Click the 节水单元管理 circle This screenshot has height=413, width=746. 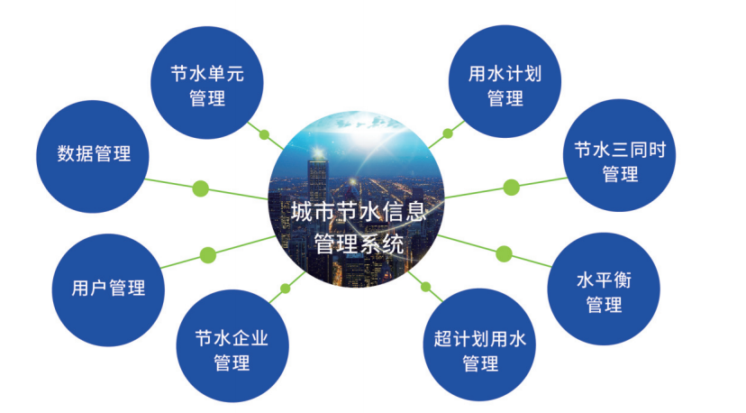point(207,82)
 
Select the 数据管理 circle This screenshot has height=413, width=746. point(93,156)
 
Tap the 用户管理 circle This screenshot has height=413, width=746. point(108,289)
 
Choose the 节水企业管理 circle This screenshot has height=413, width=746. point(232,346)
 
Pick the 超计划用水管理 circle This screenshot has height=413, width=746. point(479,344)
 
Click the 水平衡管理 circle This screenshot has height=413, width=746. point(604,289)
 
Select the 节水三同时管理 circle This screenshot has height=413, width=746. point(620,155)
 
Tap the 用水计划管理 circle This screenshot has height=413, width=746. point(505,81)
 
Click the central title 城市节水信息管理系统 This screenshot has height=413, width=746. point(359,228)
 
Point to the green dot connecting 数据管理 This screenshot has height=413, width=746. point(201,188)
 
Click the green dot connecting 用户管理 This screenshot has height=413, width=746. point(208,255)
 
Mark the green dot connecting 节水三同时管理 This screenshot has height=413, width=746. point(512,188)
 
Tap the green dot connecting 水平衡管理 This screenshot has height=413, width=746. point(504,254)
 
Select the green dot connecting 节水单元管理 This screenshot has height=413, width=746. point(265,134)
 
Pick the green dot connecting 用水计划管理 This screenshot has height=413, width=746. point(448,133)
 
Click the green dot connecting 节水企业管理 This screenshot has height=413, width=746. point(286,289)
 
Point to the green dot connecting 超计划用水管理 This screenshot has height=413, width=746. point(426,287)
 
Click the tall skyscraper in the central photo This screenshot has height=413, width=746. point(318,190)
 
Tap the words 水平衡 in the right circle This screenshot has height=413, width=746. point(604,280)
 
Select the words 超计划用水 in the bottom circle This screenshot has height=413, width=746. point(479,339)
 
